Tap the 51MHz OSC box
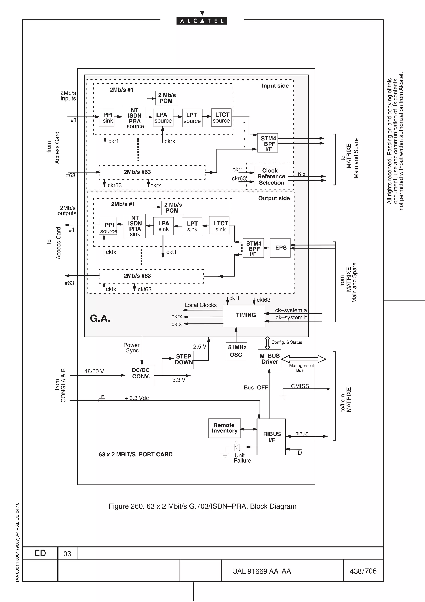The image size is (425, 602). [x=236, y=351]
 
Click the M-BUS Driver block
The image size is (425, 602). [x=269, y=359]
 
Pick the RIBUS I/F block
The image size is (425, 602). [x=271, y=437]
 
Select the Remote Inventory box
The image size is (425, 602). [x=224, y=428]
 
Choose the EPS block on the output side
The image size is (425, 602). [x=280, y=248]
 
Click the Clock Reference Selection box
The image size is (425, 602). [x=271, y=177]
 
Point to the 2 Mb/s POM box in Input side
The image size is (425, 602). [x=167, y=98]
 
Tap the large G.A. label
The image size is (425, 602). [x=100, y=318]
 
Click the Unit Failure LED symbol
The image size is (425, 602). [x=237, y=447]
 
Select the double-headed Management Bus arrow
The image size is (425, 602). [x=303, y=359]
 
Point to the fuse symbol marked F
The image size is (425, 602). [x=102, y=400]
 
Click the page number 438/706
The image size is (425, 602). [x=363, y=571]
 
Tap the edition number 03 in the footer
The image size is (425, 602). [x=67, y=553]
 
